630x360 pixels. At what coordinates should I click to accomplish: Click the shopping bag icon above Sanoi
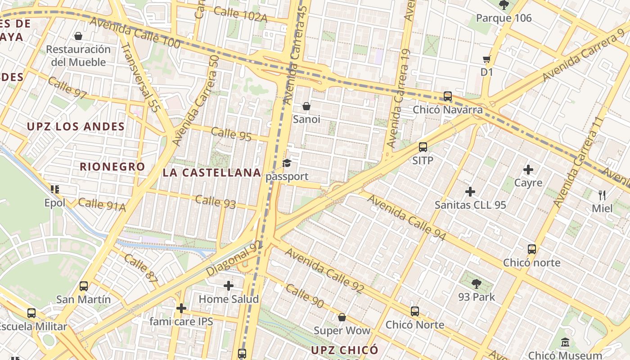306,106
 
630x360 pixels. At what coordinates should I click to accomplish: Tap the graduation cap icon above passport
287,163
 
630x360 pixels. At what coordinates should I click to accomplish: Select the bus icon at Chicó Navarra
448,96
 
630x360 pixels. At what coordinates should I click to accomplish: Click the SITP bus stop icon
423,147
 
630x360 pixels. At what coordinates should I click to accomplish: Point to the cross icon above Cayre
528,170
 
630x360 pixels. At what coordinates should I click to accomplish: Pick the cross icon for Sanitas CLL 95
470,192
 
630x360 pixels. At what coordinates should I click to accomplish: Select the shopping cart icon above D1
487,59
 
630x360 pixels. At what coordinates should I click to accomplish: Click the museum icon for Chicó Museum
565,343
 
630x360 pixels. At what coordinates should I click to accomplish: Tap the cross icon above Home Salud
229,286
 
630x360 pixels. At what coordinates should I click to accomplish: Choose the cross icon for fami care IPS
181,308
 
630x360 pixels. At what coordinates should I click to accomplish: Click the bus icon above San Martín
84,286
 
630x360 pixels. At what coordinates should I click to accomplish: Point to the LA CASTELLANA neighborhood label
212,173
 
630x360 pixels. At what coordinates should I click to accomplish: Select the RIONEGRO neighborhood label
112,166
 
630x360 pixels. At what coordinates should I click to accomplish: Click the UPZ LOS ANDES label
76,126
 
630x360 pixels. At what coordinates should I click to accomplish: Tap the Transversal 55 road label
141,77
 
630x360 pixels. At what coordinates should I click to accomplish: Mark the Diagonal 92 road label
234,258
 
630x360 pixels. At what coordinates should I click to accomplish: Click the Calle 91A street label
102,204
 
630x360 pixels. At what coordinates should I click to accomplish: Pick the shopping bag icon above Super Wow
342,318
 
